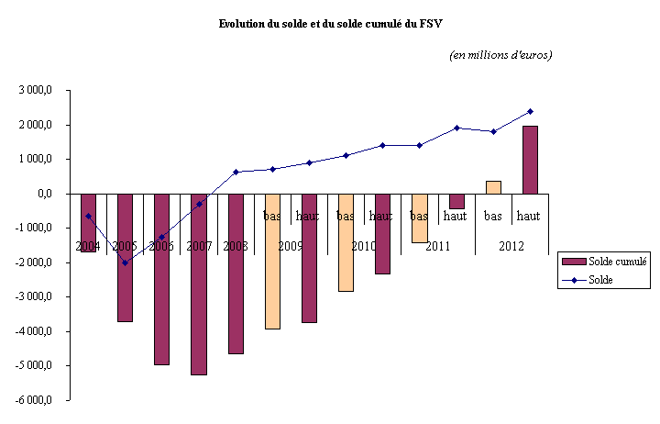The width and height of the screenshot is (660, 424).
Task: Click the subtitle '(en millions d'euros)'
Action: pos(500,55)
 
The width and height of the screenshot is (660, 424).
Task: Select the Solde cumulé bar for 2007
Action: pos(198,284)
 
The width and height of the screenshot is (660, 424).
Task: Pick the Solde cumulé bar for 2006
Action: pos(161,279)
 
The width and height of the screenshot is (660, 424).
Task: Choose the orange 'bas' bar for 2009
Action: pos(272,261)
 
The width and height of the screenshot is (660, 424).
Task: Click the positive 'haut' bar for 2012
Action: pos(530,160)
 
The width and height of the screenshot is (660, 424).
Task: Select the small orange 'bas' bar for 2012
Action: pos(493,187)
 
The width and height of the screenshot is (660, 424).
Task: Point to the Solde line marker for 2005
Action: pos(125,262)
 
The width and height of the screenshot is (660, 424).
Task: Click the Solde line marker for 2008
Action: pos(236,172)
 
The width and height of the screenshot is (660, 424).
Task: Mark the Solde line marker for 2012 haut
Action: pos(530,111)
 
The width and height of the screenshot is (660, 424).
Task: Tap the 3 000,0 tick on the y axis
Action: pos(38,90)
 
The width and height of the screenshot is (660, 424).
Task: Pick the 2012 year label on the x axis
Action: pos(511,246)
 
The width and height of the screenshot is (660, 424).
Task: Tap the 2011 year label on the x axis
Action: pos(438,246)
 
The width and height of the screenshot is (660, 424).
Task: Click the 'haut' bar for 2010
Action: pos(382,233)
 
